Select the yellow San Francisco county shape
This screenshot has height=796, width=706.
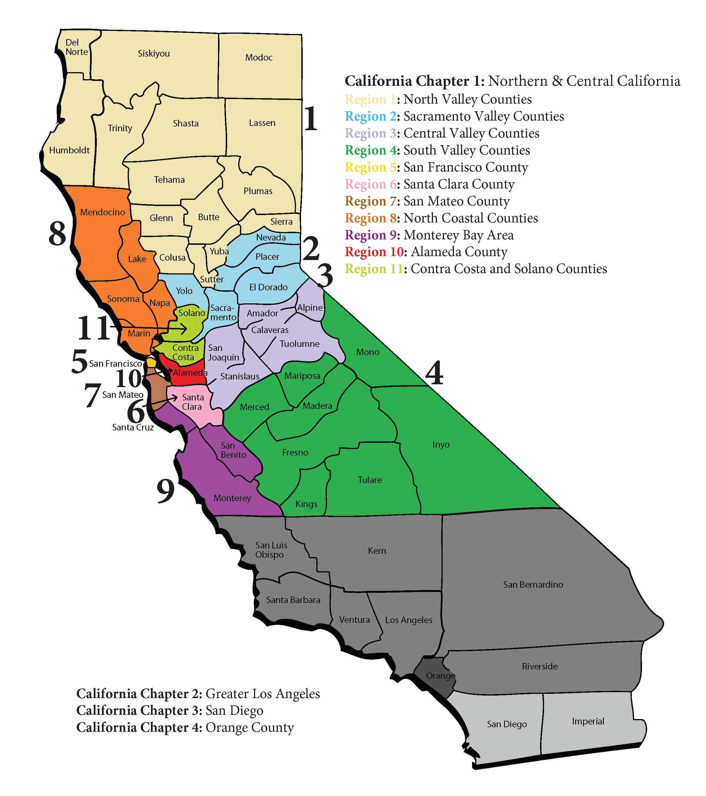click(x=151, y=362)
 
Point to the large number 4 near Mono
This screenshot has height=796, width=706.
click(x=434, y=373)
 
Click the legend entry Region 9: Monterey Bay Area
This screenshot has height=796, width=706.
click(x=429, y=235)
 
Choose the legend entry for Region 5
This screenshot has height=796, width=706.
click(x=436, y=167)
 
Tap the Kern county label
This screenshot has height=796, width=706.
click(x=377, y=551)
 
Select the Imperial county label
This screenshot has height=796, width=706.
click(x=588, y=721)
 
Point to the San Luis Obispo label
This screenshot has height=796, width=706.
click(x=271, y=550)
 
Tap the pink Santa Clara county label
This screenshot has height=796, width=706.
click(x=192, y=402)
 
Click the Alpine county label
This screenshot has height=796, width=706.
click(x=310, y=308)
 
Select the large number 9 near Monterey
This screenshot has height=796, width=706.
click(x=165, y=491)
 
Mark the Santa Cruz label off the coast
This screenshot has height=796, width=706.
click(x=133, y=427)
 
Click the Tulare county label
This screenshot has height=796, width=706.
click(x=370, y=480)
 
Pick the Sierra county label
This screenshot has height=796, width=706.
click(x=281, y=222)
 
